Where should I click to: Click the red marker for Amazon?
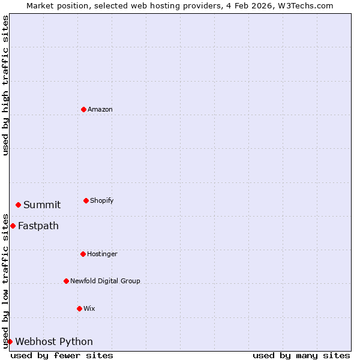84,109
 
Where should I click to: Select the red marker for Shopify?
86,200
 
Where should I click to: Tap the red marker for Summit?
19,205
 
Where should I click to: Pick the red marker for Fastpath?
13,226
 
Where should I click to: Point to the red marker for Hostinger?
83,254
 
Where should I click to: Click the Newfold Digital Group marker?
67,281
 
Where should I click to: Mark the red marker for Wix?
80,308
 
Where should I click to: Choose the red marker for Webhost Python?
10,341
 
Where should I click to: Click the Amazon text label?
100,109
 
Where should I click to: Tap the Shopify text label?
102,200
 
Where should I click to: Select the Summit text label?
42,205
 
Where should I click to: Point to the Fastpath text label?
38,226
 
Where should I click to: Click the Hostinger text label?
103,254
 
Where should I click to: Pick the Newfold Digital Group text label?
105,281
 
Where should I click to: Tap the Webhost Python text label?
54,341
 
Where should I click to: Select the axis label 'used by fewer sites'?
62,355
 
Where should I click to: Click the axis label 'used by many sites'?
301,355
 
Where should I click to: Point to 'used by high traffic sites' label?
5,85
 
